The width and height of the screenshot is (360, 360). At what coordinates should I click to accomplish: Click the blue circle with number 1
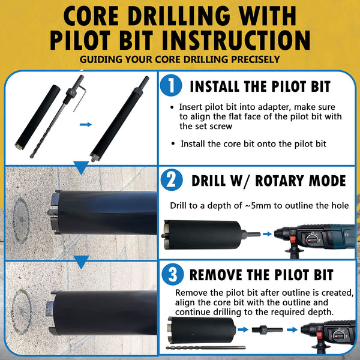coord(171,85)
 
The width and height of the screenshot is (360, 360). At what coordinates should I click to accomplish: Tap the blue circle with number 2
coord(172,180)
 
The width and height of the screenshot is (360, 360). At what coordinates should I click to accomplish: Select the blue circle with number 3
coord(173,274)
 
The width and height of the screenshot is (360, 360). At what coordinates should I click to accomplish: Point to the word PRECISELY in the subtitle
coord(256,59)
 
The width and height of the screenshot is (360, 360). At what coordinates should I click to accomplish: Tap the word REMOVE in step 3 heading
coord(215,275)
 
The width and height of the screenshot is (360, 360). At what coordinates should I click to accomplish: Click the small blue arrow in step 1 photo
coord(86,124)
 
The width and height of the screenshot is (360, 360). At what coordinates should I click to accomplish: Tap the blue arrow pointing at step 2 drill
coord(267,234)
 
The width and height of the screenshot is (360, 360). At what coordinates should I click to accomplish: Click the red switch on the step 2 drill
coord(292,239)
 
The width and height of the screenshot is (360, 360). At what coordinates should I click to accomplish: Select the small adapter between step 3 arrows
coord(267,330)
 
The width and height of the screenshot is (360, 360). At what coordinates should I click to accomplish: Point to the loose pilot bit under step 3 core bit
coord(206,348)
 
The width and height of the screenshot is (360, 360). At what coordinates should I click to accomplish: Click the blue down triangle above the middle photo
coord(81,167)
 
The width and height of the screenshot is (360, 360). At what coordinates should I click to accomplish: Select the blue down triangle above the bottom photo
coord(81,262)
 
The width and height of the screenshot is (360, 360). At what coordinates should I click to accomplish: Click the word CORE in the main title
coord(91,16)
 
